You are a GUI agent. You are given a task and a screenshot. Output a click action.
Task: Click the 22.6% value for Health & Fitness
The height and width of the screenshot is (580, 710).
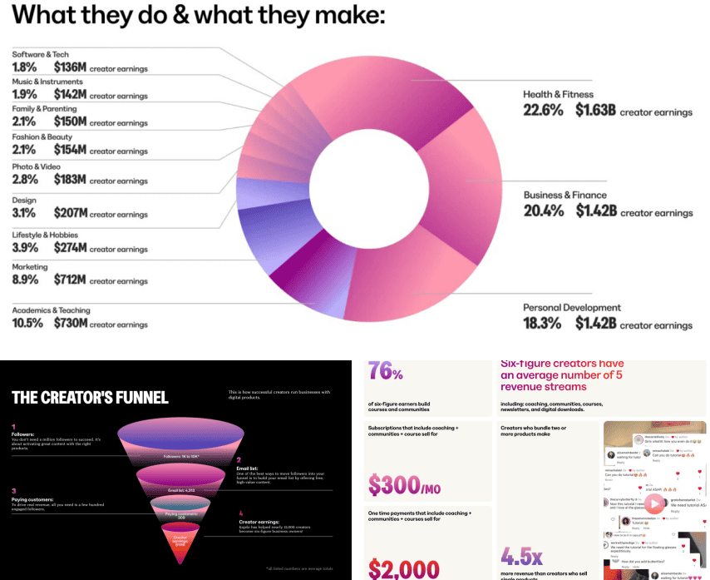pos(543,111)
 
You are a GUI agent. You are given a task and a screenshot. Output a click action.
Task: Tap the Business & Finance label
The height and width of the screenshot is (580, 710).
pos(565,196)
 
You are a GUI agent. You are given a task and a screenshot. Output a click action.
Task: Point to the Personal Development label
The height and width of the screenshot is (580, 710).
pos(571,308)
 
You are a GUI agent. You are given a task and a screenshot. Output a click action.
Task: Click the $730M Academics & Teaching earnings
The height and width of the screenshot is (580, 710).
pos(70,323)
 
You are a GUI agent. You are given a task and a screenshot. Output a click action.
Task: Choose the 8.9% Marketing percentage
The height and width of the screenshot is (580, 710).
pos(27,281)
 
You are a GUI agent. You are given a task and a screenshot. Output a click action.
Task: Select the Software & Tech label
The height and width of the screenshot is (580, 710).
pos(40,54)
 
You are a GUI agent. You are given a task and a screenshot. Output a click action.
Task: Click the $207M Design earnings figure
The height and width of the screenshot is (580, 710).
pos(70,214)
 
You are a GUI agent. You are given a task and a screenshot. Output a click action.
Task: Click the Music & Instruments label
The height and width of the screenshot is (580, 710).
pos(47,82)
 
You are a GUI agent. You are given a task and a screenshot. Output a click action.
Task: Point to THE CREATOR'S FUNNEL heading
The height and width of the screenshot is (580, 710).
pos(90,397)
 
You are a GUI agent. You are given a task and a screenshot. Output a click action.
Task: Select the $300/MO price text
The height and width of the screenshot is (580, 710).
pos(404,484)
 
